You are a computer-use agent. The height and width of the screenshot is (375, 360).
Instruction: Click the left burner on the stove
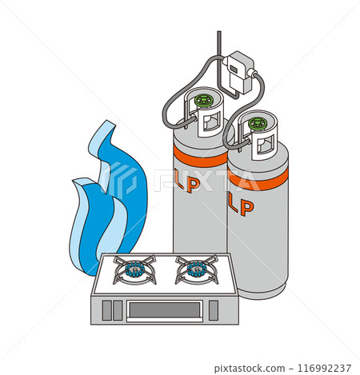tap(135, 269)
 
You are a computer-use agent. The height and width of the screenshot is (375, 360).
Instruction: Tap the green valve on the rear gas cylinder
tap(204, 101)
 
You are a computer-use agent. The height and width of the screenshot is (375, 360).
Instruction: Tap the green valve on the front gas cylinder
tap(258, 124)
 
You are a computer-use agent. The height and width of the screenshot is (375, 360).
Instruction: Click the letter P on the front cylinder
tap(246, 207)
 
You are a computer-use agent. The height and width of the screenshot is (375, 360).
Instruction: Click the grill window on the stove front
tap(164, 309)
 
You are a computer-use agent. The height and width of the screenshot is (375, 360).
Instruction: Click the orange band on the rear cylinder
tap(200, 157)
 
